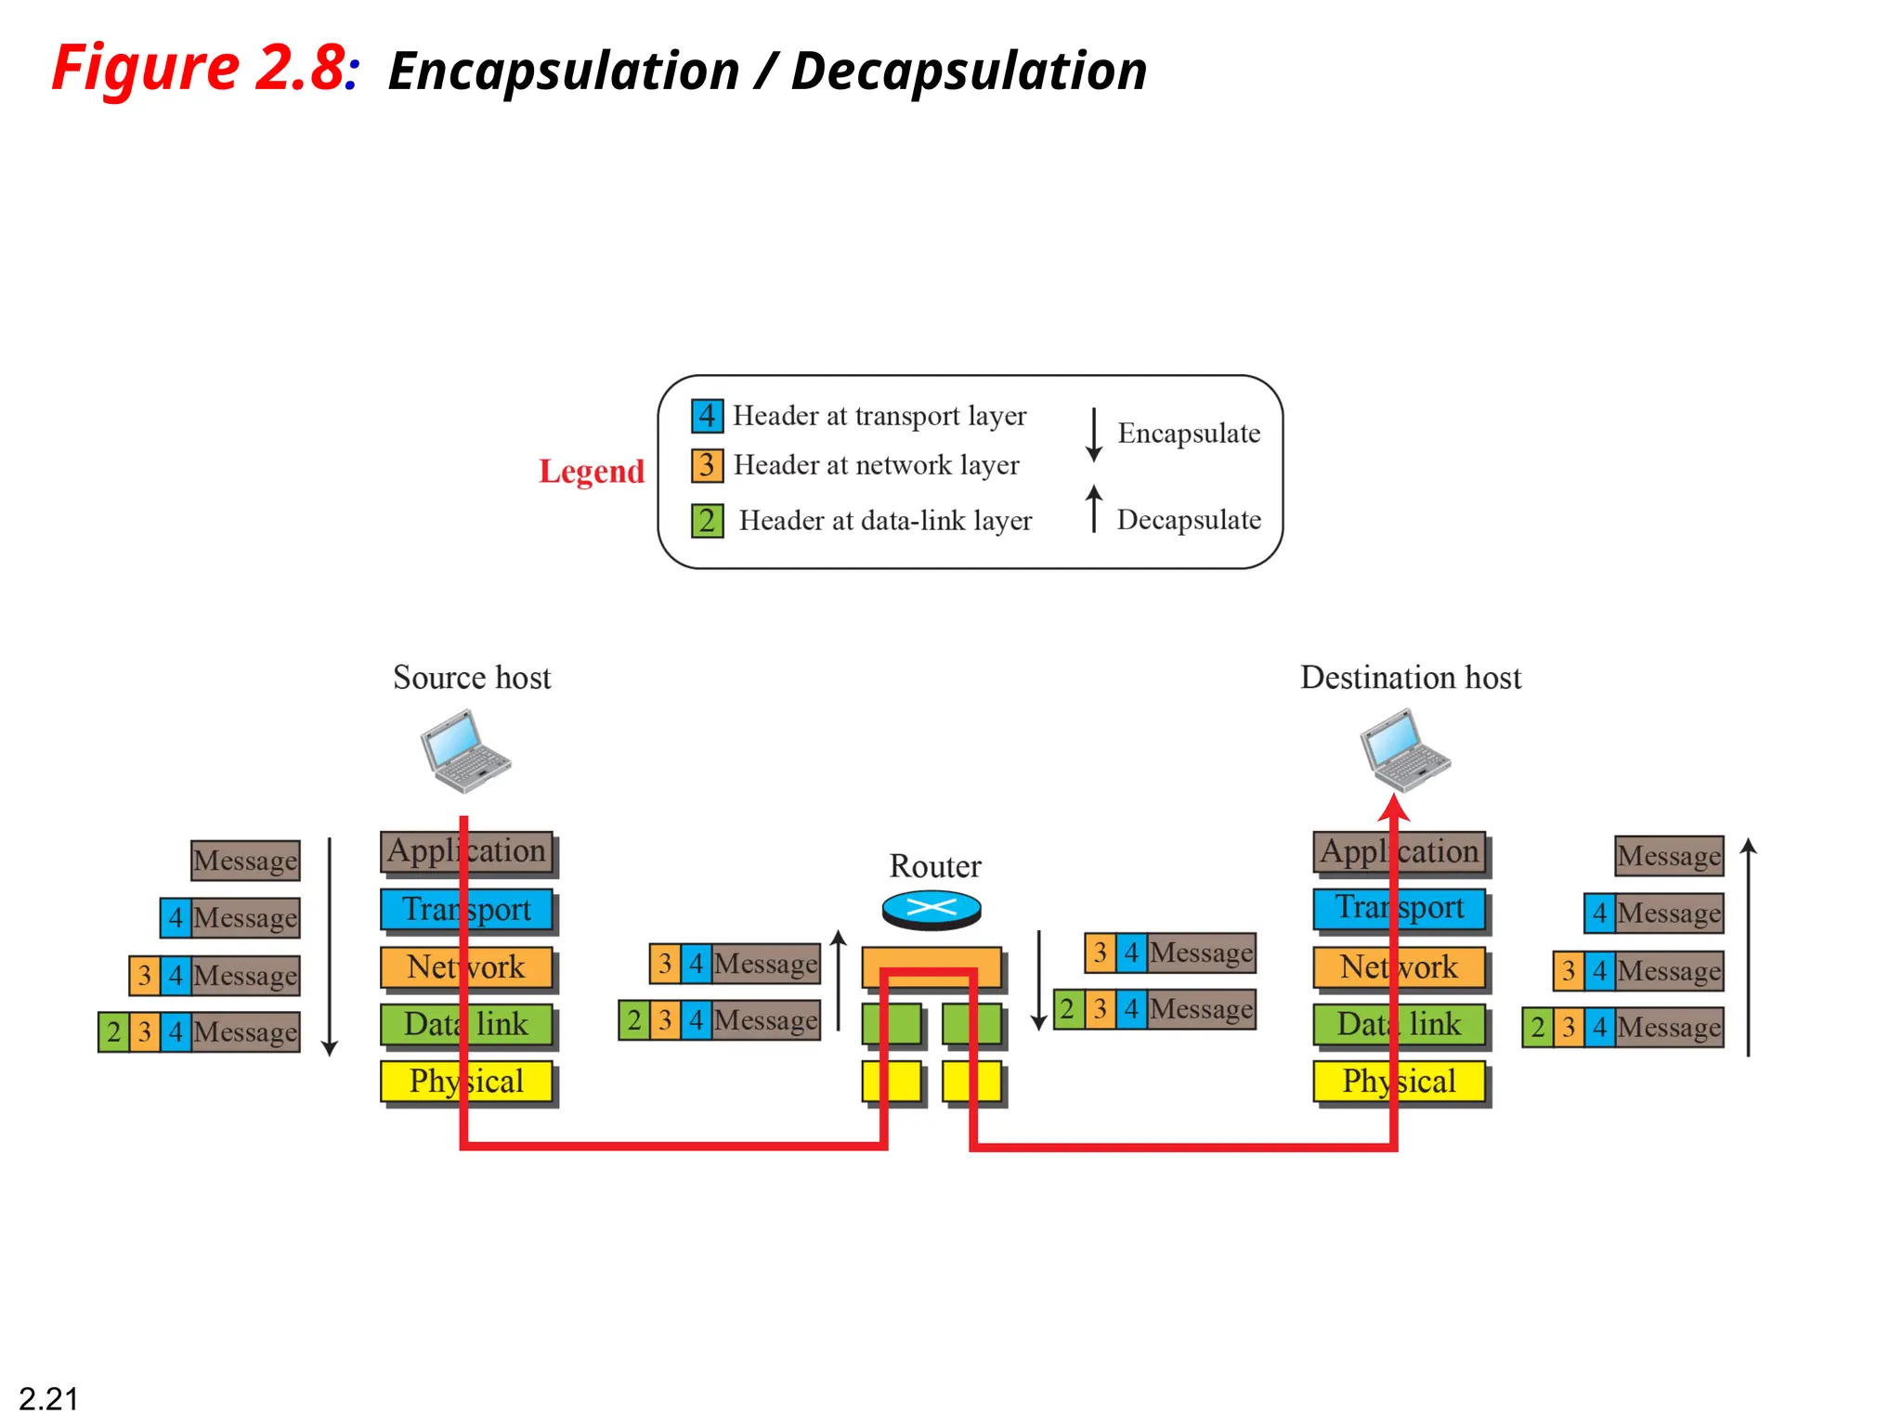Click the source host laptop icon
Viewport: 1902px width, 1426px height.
[x=465, y=751]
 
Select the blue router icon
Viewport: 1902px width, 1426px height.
[x=931, y=908]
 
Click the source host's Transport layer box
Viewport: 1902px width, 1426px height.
[x=467, y=910]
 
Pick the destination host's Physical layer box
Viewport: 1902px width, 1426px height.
[x=1399, y=1082]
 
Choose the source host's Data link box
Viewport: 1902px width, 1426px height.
[x=467, y=1025]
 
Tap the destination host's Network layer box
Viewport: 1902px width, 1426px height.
[x=1399, y=967]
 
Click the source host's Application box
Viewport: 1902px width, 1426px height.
[x=467, y=851]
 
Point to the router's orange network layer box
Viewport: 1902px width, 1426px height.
[x=931, y=966]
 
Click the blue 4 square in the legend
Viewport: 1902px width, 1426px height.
[x=707, y=416]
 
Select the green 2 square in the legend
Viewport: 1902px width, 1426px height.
[x=707, y=521]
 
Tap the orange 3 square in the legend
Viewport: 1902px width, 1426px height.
[x=707, y=465]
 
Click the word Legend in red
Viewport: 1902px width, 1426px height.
[x=592, y=472]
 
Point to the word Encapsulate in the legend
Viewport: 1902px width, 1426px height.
[x=1189, y=434]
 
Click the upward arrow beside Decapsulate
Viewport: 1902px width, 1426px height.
[x=1094, y=509]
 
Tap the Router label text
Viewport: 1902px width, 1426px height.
[x=934, y=866]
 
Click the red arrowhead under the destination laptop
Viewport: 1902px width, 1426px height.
[x=1394, y=807]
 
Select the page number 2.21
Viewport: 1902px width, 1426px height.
[x=48, y=1398]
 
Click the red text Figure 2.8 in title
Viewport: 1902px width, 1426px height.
[x=199, y=68]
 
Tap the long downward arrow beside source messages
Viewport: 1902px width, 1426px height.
[x=330, y=947]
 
